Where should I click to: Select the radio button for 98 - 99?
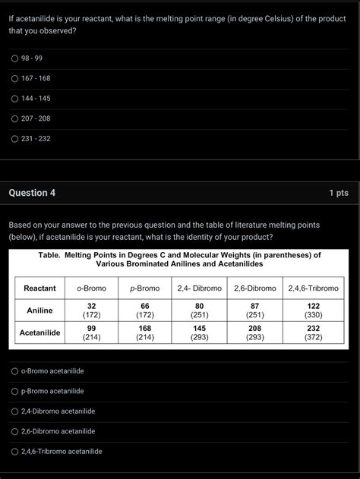point(14,58)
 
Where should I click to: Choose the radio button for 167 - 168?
point(14,78)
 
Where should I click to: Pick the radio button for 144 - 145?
point(14,99)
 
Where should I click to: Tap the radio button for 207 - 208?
point(14,118)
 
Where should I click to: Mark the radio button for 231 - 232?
point(14,138)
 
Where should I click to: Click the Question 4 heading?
point(32,193)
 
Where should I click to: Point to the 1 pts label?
point(339,193)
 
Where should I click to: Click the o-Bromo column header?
point(91,288)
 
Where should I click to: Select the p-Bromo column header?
point(144,288)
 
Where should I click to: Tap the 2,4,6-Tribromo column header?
point(313,288)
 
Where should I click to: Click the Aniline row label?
point(39,310)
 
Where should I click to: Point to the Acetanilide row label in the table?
point(39,332)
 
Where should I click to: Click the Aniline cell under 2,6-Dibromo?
point(255,310)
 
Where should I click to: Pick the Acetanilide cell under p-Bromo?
point(144,332)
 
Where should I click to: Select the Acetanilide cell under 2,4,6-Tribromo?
point(313,332)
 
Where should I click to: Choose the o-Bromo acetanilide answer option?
point(14,371)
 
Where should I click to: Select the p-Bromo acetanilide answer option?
point(14,391)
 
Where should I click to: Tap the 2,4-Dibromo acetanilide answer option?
point(14,411)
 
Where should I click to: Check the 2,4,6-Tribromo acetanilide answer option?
point(14,451)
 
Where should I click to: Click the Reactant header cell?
point(39,288)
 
